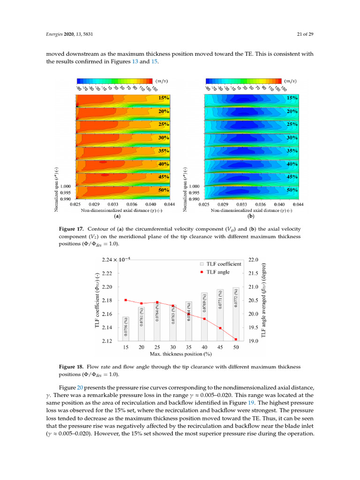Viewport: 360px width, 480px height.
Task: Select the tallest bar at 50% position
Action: tap(236, 314)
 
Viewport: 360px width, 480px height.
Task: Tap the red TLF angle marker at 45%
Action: tap(220, 328)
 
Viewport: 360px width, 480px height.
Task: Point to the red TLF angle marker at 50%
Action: tap(236, 339)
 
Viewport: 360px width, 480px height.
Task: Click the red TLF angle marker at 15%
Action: tap(126, 300)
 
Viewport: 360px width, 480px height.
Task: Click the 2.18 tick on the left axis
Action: tap(107, 300)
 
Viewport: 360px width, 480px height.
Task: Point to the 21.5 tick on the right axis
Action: tap(253, 273)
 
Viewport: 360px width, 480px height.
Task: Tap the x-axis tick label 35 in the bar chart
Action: tap(188, 347)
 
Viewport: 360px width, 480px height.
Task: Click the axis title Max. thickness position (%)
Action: tap(180, 354)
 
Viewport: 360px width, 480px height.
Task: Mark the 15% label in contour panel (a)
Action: tap(164, 98)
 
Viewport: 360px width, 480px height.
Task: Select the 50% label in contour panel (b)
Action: tap(292, 190)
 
